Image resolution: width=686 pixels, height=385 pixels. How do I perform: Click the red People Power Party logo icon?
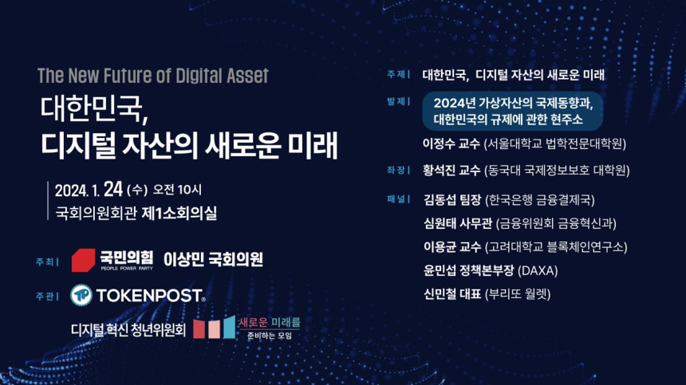(84, 260)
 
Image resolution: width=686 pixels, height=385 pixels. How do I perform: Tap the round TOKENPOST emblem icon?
(81, 295)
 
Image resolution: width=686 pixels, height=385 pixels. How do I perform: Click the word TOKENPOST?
(149, 296)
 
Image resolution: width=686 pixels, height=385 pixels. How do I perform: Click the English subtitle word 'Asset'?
(243, 76)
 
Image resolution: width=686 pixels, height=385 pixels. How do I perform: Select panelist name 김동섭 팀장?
(452, 199)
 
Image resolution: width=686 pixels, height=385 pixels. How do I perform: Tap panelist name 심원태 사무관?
(457, 223)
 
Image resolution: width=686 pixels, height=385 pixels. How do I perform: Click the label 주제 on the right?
(396, 75)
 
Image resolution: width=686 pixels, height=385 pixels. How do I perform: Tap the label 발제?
(396, 102)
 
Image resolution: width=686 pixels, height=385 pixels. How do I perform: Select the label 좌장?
(396, 170)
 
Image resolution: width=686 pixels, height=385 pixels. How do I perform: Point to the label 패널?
(396, 199)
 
